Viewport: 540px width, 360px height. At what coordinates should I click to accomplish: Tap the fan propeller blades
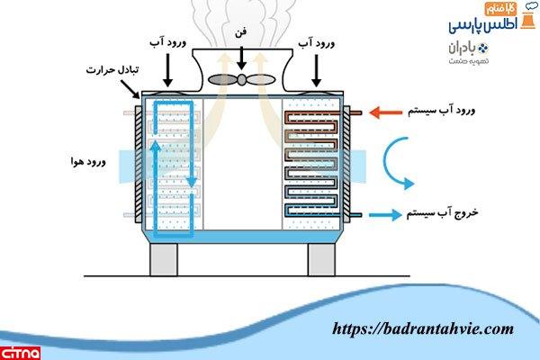pyautogui.click(x=240, y=79)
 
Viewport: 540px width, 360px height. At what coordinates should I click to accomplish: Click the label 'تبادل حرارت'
pyautogui.click(x=107, y=69)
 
